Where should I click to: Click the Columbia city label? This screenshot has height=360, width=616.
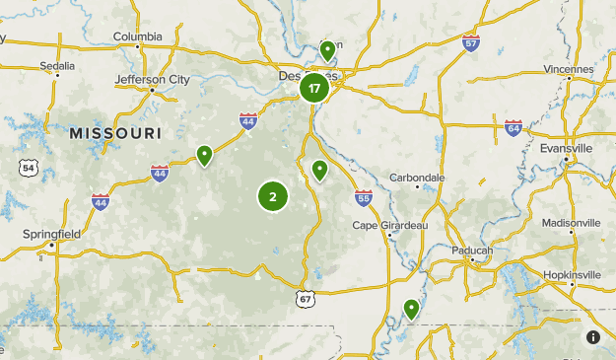pos(137,37)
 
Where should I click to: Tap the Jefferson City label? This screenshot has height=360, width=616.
pos(152,79)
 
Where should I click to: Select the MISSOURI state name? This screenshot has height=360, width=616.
pos(115,132)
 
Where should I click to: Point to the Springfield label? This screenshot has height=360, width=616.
pos(51,234)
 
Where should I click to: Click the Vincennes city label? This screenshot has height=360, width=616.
pos(569,70)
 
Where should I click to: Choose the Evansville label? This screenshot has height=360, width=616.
pos(566,148)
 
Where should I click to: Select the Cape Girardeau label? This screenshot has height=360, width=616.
pos(390,226)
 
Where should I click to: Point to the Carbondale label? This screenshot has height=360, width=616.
pos(417,178)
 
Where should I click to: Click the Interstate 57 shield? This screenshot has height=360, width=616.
pos(470,42)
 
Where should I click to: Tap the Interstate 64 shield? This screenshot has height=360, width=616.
pos(513,127)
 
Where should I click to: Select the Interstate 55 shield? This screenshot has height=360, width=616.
pos(364,198)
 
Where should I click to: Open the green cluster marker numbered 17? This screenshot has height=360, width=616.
pos(314,89)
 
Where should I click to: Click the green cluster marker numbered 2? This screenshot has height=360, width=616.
pos(273,196)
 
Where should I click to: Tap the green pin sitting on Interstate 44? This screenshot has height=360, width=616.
pos(204,155)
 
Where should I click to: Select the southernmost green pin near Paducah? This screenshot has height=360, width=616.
pos(411,310)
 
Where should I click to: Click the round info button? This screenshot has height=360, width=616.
pos(593,337)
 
